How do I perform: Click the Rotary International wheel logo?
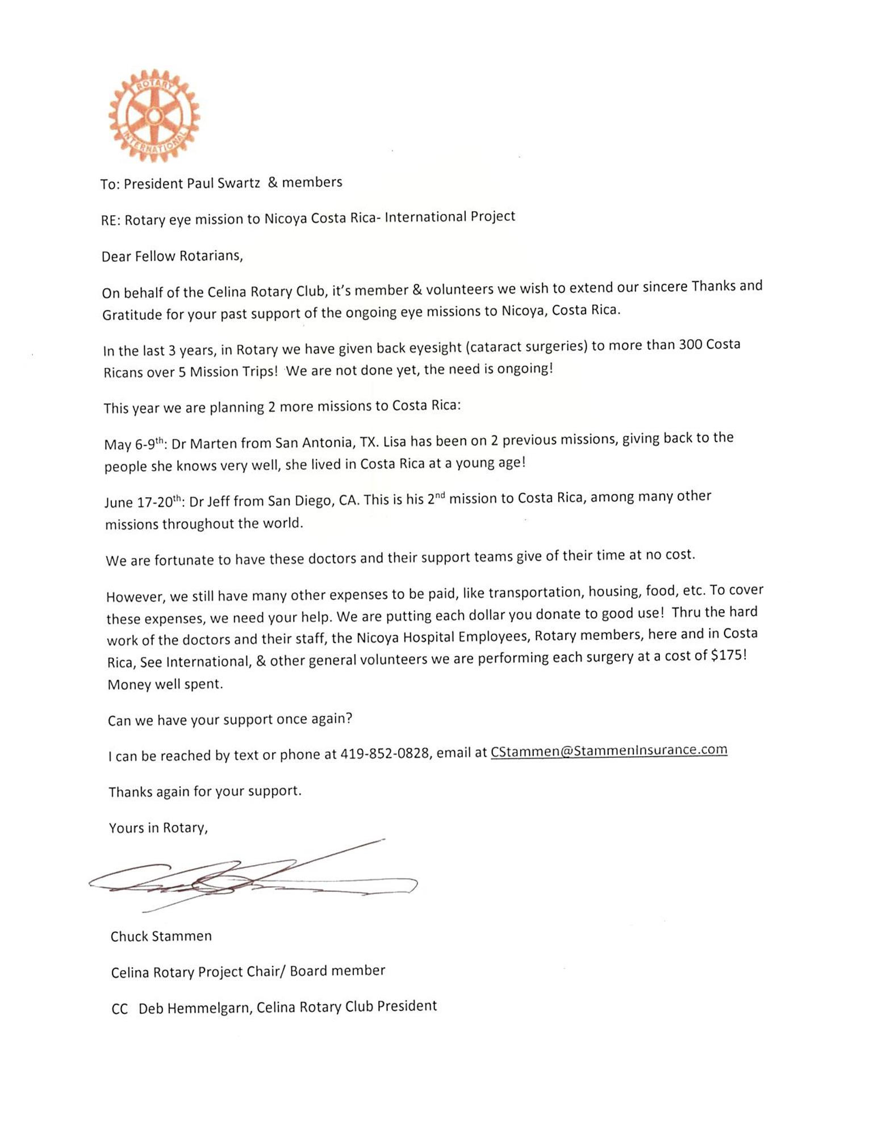point(154,116)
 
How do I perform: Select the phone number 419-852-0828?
point(384,754)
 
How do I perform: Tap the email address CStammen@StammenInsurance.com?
point(608,750)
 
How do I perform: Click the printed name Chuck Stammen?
point(161,936)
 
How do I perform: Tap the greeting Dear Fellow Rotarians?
point(172,256)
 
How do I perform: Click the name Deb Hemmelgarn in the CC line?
point(194,1008)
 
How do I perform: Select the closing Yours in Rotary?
point(158,828)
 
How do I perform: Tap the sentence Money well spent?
point(165,684)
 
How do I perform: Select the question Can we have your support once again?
point(230,719)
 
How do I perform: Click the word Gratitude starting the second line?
point(132,314)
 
